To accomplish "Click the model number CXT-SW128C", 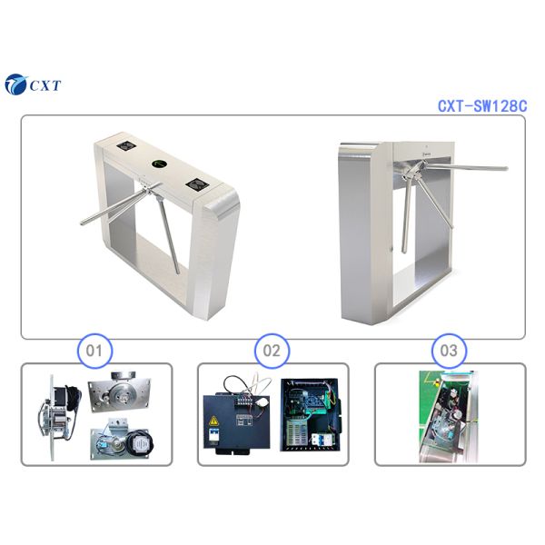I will pyautogui.click(x=481, y=106).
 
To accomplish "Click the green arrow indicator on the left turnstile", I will pyautogui.click(x=160, y=164).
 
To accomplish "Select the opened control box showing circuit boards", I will pyautogui.click(x=311, y=414).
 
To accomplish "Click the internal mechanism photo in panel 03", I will pyautogui.click(x=450, y=413).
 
